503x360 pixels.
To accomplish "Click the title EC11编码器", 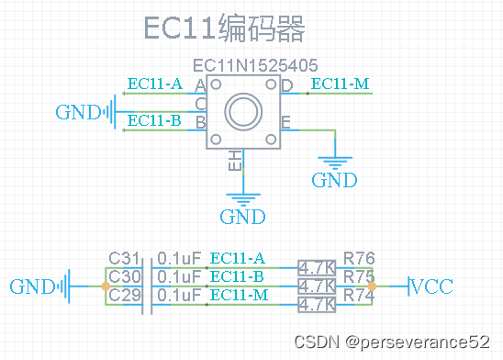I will point(223,29).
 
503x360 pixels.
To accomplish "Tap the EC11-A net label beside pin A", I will point(154,84).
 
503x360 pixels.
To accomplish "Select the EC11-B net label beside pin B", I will point(154,120).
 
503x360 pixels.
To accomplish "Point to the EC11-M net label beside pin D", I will point(341,84).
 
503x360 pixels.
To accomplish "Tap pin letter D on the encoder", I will point(286,85).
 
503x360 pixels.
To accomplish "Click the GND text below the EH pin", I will point(242,218).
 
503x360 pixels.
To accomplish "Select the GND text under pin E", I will point(334,180).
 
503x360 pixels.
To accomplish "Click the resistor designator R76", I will point(359,258).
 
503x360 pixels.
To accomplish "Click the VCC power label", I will point(431,286).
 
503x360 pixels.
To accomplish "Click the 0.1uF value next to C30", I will point(178,276).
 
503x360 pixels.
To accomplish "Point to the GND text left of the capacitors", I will point(32,287).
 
